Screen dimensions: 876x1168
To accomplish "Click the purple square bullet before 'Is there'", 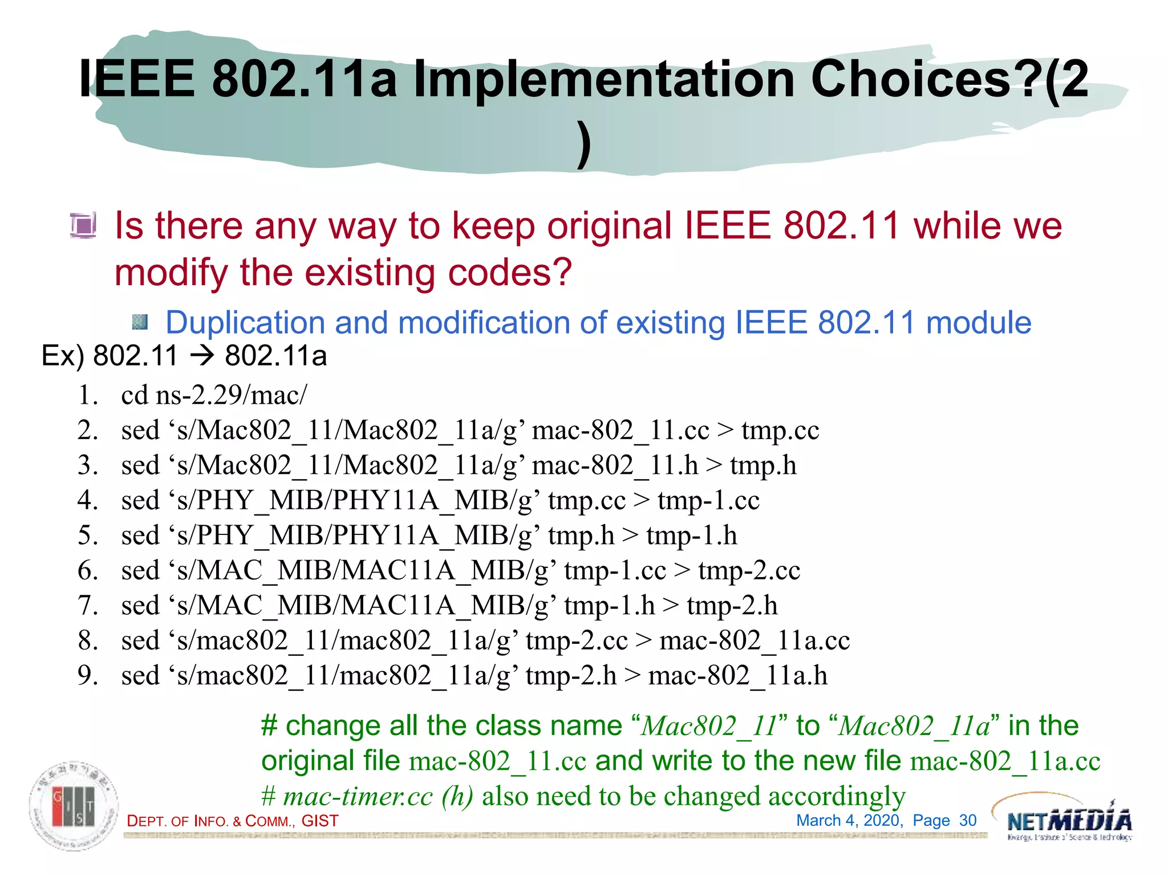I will (x=83, y=225).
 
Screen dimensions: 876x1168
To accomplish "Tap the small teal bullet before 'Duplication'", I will (x=140, y=323).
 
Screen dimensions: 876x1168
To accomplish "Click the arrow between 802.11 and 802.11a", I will (x=202, y=356).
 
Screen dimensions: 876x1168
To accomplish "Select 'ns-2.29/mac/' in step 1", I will (x=231, y=395).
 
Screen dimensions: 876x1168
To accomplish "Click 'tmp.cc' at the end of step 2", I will (x=780, y=431).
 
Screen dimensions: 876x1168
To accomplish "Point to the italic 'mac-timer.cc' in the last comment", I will (x=358, y=797).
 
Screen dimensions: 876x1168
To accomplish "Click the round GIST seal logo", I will (x=74, y=806).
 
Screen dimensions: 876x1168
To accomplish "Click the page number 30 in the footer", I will (x=967, y=821).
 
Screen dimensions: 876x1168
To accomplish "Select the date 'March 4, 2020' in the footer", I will (x=849, y=821).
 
